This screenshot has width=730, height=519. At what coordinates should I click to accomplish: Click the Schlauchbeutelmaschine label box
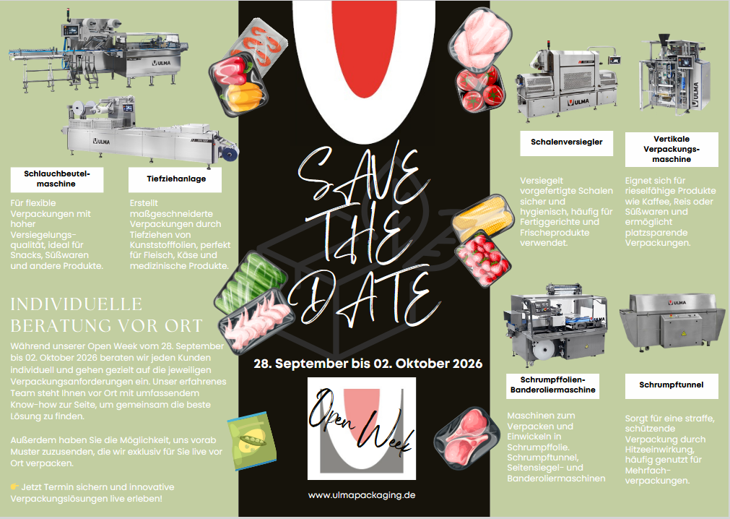[x=57, y=179]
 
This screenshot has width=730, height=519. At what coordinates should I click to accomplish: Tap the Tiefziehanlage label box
[x=175, y=179]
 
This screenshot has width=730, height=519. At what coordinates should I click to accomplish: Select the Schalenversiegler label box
[x=567, y=143]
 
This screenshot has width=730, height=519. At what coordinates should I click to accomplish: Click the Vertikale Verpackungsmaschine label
[x=672, y=149]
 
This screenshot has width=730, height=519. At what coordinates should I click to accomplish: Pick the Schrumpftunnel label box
[x=672, y=385]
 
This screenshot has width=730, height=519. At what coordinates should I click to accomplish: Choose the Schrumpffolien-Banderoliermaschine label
[x=552, y=385]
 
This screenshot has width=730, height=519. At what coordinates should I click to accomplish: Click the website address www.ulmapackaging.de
[x=362, y=495]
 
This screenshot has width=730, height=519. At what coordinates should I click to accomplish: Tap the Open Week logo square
[x=362, y=429]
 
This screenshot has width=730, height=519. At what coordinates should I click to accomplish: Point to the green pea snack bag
[x=252, y=441]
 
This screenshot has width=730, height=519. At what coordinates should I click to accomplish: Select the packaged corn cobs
[x=483, y=217]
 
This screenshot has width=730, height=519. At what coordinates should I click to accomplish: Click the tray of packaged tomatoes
[x=480, y=90]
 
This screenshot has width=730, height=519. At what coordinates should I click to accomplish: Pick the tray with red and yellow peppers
[x=238, y=85]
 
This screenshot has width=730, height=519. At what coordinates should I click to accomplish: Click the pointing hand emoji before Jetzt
[x=14, y=487]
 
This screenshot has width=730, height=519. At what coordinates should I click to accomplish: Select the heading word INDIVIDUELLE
[x=77, y=305]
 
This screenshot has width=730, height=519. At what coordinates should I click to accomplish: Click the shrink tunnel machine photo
[x=672, y=322]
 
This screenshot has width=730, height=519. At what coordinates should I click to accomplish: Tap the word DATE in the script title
[x=364, y=298]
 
